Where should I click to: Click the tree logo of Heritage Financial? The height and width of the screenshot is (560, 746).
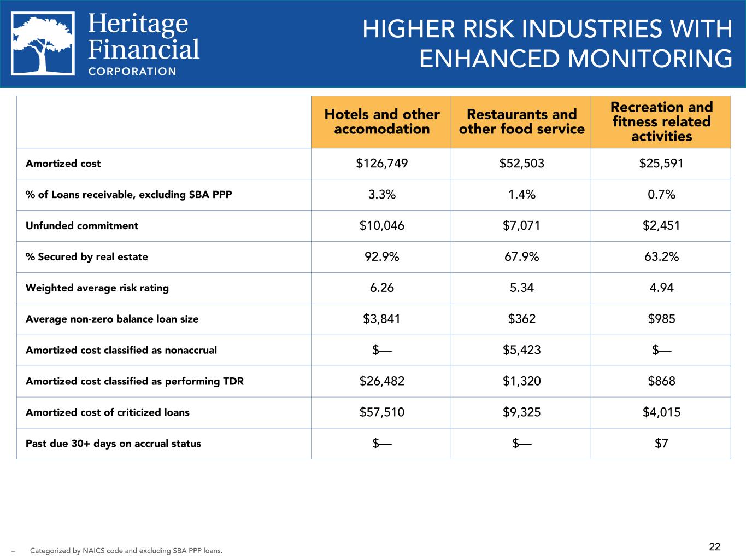point(43,44)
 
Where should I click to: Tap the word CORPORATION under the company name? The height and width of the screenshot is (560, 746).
point(132,71)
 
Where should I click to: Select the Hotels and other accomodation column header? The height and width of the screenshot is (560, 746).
point(381,122)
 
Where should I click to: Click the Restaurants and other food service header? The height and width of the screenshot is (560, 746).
point(521,122)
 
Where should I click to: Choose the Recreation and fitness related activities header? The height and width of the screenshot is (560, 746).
point(661,122)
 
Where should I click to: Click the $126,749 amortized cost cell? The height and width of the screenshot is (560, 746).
point(381,164)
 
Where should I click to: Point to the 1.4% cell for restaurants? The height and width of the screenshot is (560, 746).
point(521,195)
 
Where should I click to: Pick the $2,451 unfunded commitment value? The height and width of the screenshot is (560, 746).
point(661,226)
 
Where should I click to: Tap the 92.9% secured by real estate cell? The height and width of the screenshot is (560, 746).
point(381,257)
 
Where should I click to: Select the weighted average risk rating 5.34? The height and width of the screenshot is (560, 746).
point(521,288)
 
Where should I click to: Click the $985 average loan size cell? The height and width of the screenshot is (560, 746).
point(661,319)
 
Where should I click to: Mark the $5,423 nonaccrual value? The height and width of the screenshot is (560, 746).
point(521,351)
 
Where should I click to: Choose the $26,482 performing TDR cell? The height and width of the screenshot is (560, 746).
point(381,382)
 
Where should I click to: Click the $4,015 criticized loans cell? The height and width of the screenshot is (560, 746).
point(661,413)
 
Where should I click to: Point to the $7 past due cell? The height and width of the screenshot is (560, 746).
point(661,444)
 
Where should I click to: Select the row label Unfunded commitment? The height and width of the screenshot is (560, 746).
point(82,226)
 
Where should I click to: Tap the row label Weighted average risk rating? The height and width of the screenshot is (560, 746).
point(97,288)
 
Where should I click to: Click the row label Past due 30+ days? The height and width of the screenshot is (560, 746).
point(113,444)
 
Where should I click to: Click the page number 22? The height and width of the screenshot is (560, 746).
point(715,546)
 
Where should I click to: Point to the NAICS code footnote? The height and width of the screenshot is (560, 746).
point(126,551)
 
